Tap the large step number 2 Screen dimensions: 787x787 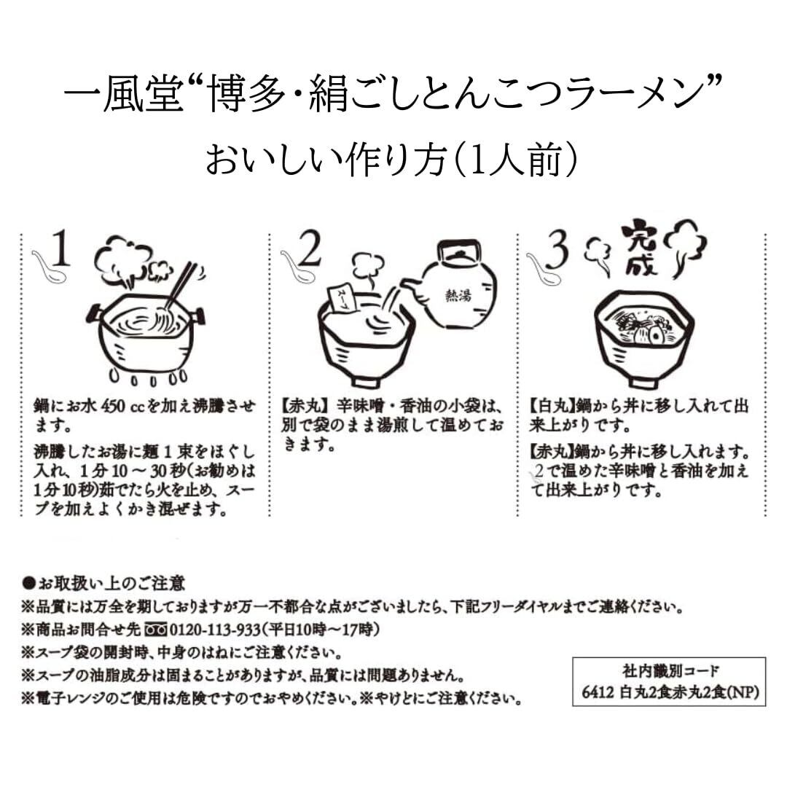coord(310,251)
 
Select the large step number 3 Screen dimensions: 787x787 coord(557,251)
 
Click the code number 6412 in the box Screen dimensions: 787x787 coord(589,692)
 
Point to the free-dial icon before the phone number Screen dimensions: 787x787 coord(156,629)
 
